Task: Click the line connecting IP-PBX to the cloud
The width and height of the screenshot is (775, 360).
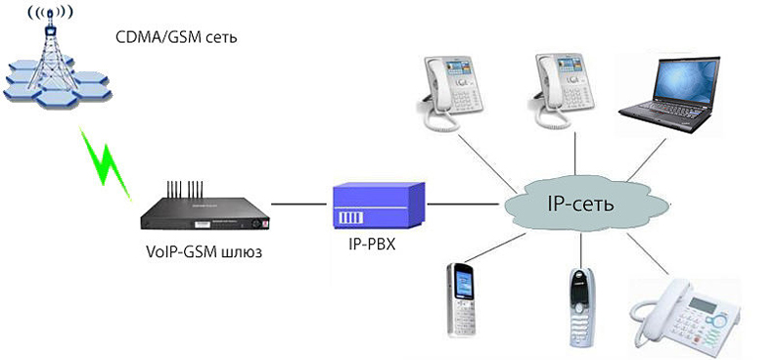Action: click(x=465, y=204)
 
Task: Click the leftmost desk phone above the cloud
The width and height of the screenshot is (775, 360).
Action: click(x=450, y=93)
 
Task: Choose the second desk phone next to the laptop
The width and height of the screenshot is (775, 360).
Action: click(x=563, y=93)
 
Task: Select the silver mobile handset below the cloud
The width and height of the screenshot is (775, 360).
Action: click(x=464, y=298)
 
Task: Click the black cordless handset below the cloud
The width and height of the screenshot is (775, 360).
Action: click(x=579, y=304)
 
